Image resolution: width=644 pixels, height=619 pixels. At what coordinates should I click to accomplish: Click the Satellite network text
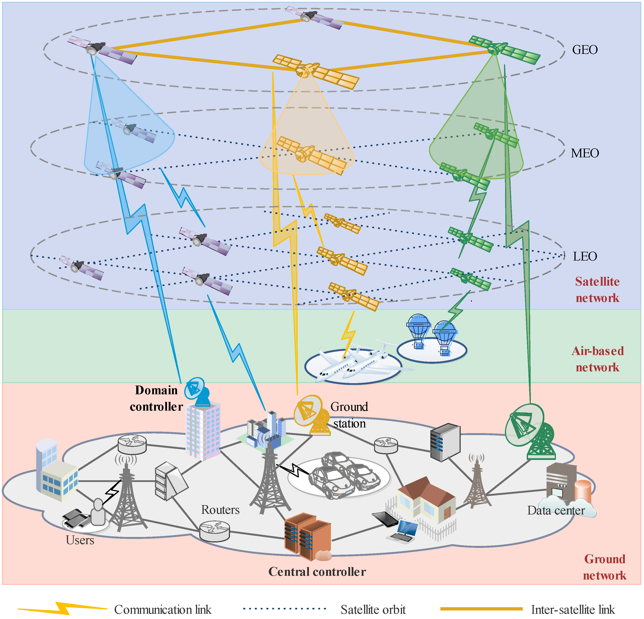[597, 290]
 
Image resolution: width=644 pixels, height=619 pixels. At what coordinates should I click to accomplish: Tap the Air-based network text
[597, 359]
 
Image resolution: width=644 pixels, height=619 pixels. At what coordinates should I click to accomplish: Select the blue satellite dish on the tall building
[197, 391]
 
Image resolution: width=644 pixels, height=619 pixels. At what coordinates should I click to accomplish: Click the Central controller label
[317, 572]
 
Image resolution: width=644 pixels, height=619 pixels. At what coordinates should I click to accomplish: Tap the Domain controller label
[156, 398]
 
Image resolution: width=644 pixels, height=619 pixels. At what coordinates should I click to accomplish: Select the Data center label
[556, 511]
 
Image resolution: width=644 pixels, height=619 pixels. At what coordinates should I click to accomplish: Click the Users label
[80, 540]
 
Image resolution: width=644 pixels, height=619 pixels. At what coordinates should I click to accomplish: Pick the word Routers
[220, 510]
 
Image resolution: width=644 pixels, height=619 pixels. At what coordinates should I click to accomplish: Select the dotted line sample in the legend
[285, 609]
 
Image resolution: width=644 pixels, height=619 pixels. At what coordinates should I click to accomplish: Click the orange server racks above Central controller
[307, 536]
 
